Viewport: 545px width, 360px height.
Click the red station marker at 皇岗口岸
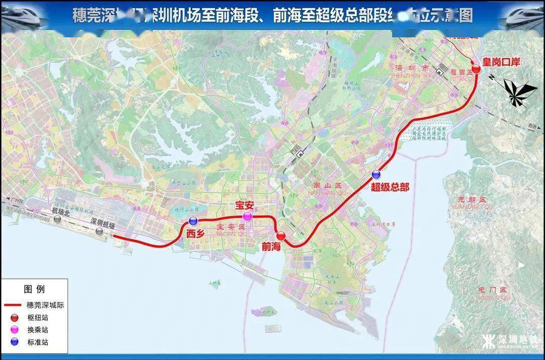pos(476,69)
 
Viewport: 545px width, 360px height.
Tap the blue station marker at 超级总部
pos(376,175)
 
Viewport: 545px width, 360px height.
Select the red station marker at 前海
pos(281,235)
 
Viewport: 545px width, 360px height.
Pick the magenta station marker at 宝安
pos(247,217)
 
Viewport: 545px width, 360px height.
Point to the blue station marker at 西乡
pos(193,221)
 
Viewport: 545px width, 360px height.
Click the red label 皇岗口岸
pos(501,62)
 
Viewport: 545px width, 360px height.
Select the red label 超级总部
pos(390,187)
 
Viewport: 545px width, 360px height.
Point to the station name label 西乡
pos(195,233)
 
